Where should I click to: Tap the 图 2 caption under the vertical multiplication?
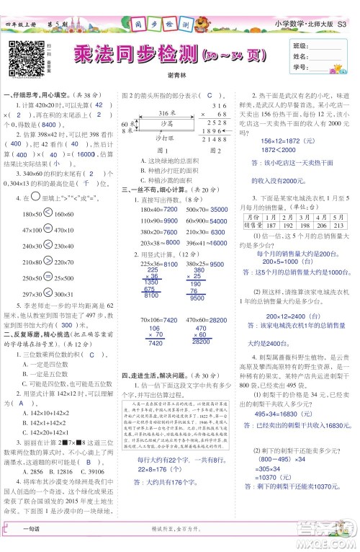click(215, 151)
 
